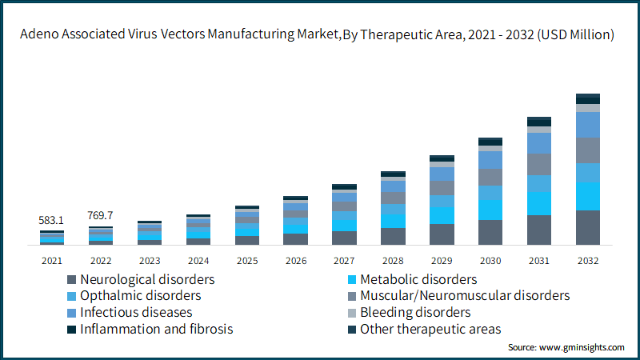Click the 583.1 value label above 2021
[x=52, y=220]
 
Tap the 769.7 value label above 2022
[x=101, y=215]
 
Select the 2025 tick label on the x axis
[x=246, y=260]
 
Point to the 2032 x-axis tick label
[x=588, y=260]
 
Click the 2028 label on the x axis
[x=393, y=260]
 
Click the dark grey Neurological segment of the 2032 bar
[x=588, y=227]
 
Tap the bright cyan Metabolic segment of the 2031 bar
[x=539, y=203]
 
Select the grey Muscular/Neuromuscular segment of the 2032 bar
[x=588, y=150]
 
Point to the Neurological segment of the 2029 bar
[x=442, y=234]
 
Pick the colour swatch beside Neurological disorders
[x=72, y=280]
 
